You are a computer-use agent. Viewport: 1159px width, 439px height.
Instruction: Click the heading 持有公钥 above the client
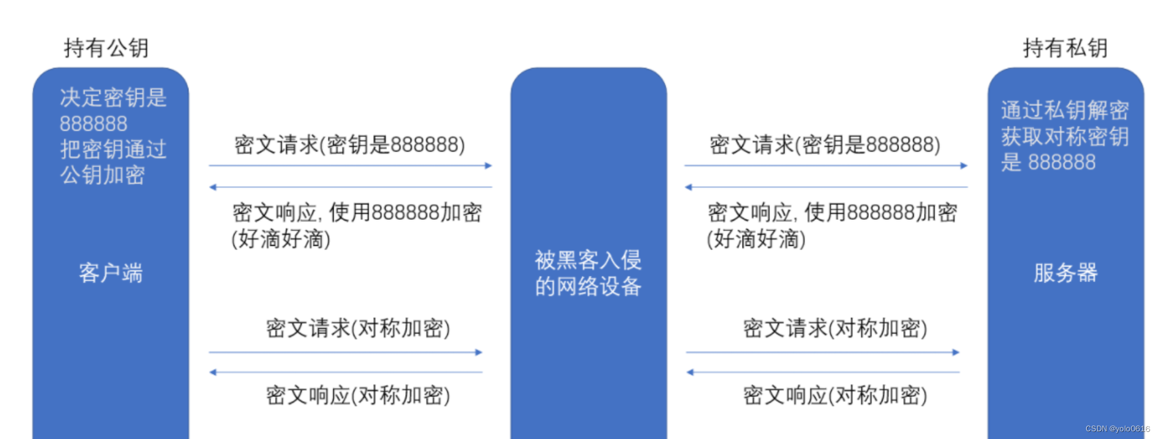click(106, 48)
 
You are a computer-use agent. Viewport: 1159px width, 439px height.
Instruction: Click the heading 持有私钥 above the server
click(1065, 48)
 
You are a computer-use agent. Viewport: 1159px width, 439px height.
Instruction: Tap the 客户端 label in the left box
click(110, 273)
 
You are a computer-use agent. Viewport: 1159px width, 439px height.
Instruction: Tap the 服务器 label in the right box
click(1065, 273)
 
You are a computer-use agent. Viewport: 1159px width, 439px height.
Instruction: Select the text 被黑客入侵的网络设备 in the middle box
click(588, 273)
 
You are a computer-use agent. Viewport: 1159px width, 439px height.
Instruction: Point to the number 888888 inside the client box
click(93, 123)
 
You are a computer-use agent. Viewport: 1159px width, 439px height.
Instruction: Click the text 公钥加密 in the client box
click(102, 175)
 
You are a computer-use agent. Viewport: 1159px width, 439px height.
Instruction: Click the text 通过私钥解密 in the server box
click(1064, 110)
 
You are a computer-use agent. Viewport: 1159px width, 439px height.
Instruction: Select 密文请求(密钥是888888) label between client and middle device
click(350, 145)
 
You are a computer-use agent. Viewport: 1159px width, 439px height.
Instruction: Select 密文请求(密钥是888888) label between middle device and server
click(825, 145)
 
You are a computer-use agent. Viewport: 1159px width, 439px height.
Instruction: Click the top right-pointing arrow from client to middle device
click(350, 166)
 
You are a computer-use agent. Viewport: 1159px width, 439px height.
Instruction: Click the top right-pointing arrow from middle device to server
click(825, 166)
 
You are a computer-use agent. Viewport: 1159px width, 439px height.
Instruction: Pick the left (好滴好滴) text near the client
click(281, 239)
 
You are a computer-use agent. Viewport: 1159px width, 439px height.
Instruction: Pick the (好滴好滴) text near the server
click(756, 239)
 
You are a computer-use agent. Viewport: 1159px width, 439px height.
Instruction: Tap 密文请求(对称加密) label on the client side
click(358, 328)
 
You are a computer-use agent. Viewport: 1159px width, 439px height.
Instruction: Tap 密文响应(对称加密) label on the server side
click(835, 395)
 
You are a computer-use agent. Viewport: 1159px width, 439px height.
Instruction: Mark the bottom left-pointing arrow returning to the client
click(346, 372)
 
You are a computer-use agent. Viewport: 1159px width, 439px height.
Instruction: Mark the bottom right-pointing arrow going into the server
click(822, 353)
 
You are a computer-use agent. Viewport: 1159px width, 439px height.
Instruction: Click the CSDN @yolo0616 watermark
click(1117, 429)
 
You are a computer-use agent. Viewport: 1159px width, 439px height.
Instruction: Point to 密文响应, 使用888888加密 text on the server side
click(832, 213)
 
